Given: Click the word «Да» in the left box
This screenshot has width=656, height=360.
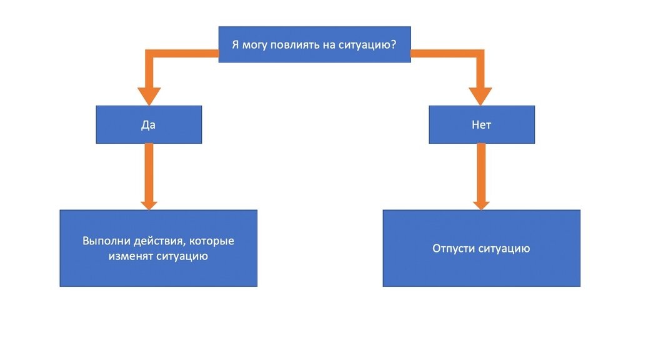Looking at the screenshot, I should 148,124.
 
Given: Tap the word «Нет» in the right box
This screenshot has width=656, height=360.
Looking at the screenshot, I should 481,124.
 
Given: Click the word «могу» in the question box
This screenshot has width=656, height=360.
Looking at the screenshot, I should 257,44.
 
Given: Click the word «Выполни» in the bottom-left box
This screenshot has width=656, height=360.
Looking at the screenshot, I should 102,241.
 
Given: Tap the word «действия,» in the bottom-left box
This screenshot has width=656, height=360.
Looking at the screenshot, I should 156,241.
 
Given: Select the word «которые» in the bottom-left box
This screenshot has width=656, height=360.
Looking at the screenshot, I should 213,241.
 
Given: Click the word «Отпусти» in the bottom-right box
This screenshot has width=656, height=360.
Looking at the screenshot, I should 453,248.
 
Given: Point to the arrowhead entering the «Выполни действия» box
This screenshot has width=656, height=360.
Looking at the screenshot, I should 149,203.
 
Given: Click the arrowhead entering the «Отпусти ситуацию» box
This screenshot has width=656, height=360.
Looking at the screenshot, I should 480,203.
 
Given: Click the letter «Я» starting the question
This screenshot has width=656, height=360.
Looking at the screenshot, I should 235,44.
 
